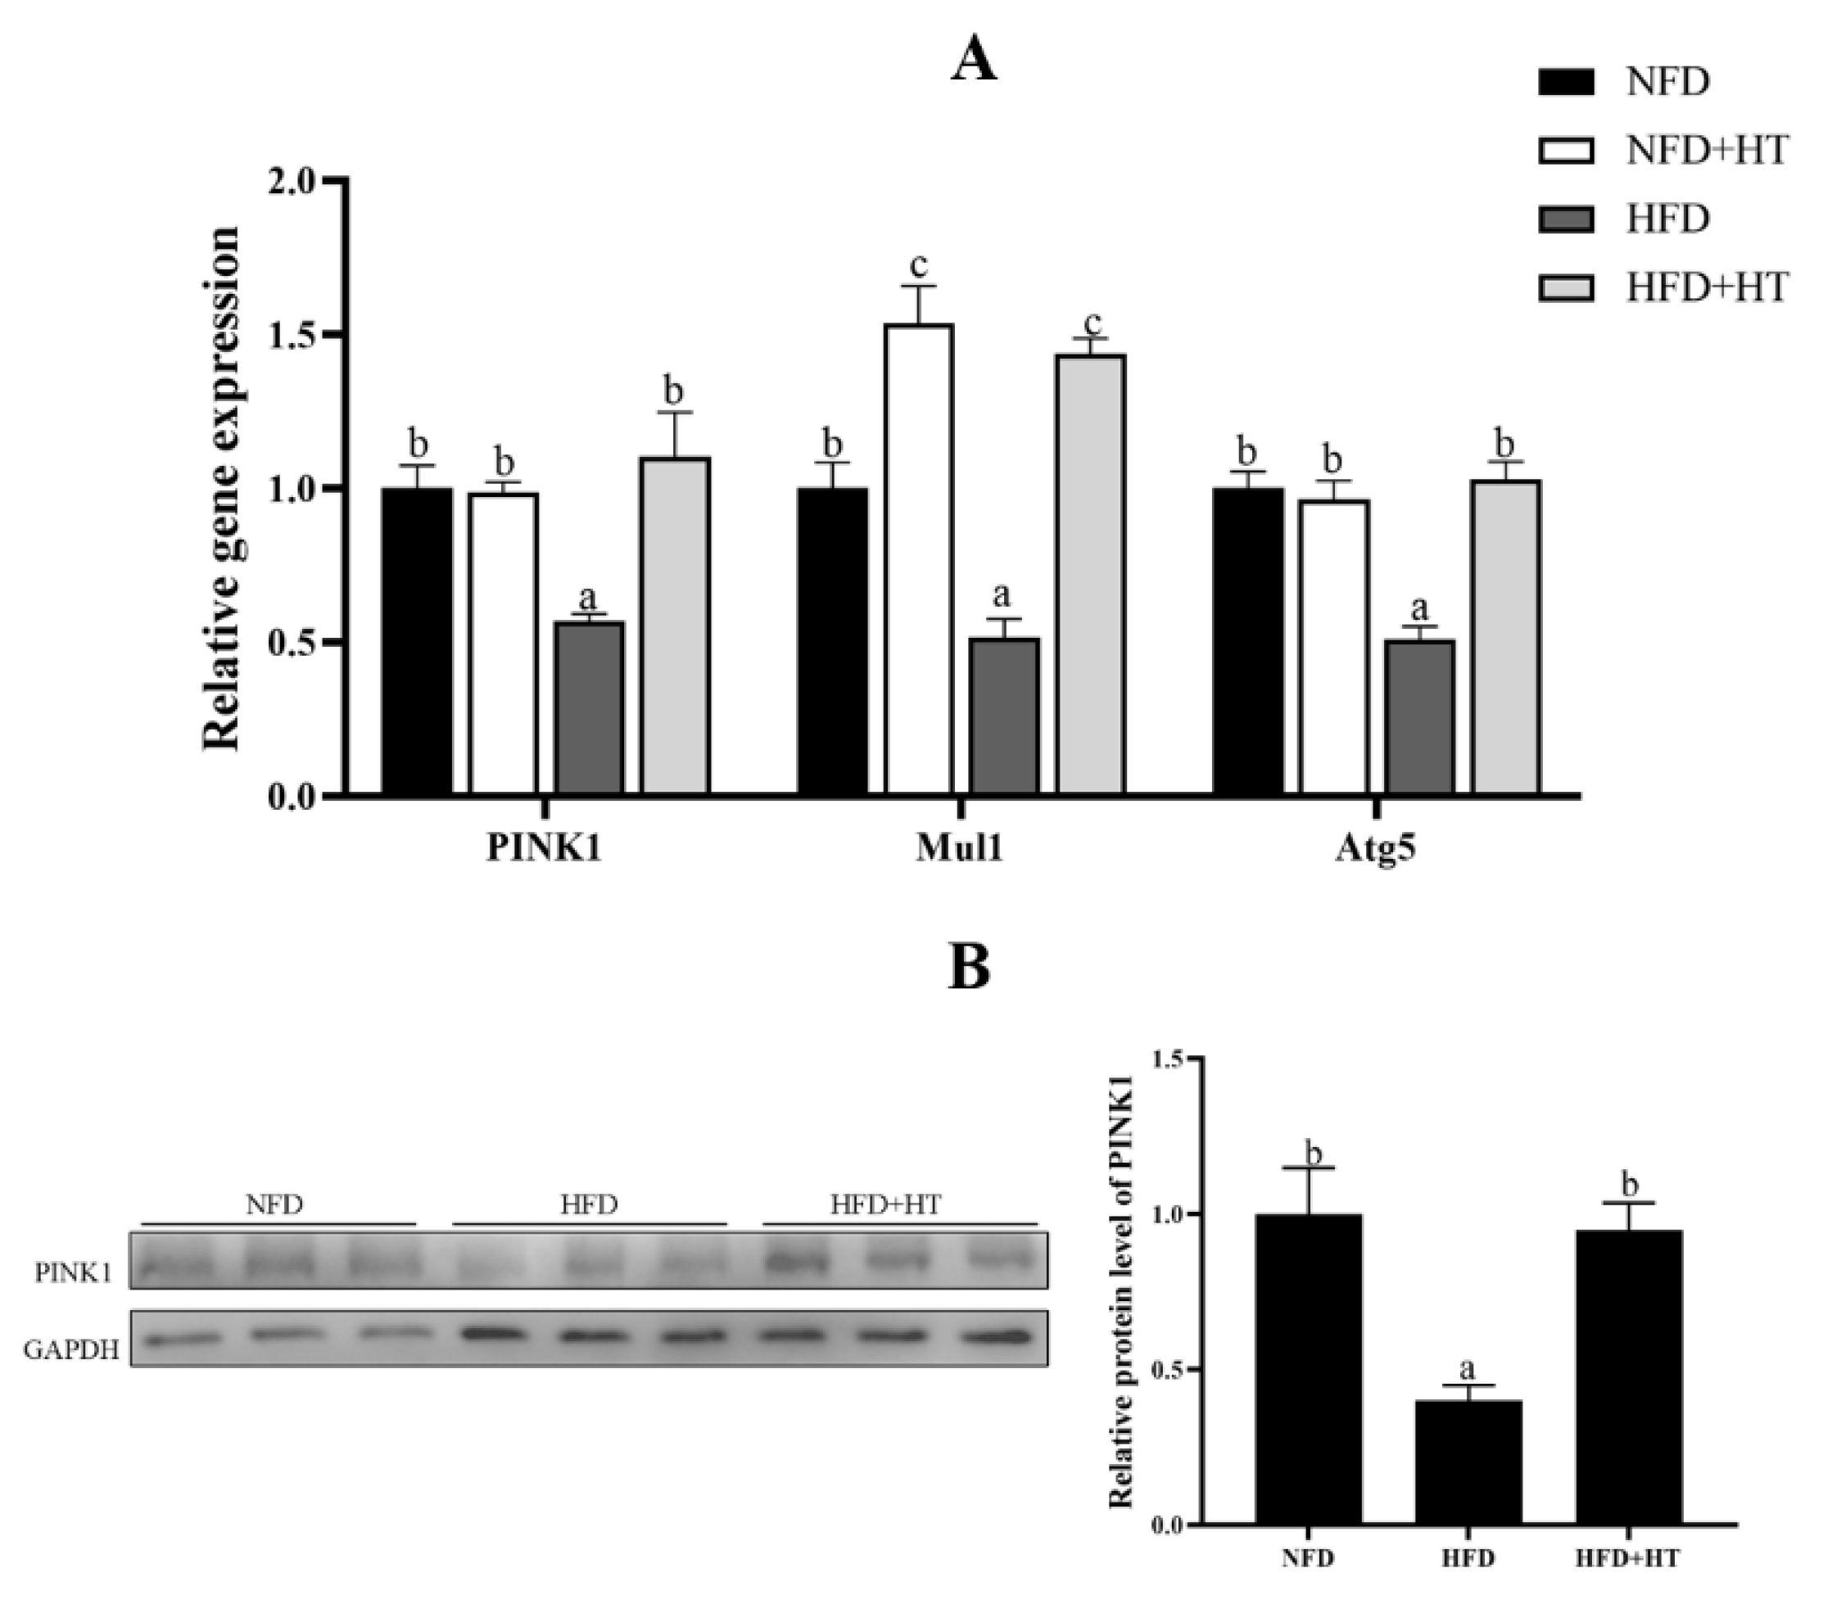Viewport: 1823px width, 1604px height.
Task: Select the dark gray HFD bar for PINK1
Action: pyautogui.click(x=590, y=708)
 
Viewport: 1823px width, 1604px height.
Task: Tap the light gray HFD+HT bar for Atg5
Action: pyautogui.click(x=1506, y=637)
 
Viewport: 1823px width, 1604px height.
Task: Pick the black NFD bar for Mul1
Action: pyautogui.click(x=832, y=641)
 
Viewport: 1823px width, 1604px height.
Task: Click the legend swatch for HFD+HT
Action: pyautogui.click(x=1566, y=288)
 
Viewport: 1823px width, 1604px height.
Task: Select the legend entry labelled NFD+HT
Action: pyautogui.click(x=1706, y=150)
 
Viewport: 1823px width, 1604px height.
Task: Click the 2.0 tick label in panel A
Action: pyautogui.click(x=292, y=181)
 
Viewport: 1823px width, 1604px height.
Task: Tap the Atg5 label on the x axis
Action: pyautogui.click(x=1375, y=849)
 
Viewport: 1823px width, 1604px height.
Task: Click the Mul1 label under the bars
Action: pyautogui.click(x=960, y=849)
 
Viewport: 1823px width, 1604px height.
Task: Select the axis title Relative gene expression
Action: pyautogui.click(x=222, y=488)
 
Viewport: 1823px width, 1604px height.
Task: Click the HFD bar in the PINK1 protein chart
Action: pyautogui.click(x=1468, y=1463)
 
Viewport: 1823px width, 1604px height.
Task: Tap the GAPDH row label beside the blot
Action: pyautogui.click(x=71, y=1350)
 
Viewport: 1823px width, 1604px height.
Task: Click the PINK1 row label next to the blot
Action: pyautogui.click(x=74, y=1273)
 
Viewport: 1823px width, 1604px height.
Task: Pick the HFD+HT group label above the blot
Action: pyautogui.click(x=885, y=1205)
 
